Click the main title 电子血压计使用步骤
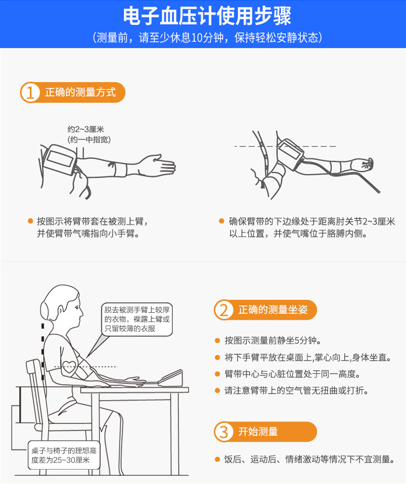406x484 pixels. coord(207,16)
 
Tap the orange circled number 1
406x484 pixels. coord(30,92)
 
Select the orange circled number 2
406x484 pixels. coord(224,310)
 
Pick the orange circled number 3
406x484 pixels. coord(224,432)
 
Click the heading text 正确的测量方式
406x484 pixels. coord(81,92)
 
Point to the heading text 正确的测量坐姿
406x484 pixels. coord(273,310)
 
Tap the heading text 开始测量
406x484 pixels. coord(258,432)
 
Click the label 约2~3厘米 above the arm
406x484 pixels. coord(86,129)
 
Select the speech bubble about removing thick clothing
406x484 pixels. coord(137,319)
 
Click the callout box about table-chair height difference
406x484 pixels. coord(64,455)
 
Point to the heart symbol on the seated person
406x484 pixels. coord(68,367)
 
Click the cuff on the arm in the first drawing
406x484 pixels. coord(60,159)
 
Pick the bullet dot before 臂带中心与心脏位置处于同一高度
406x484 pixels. coord(217,374)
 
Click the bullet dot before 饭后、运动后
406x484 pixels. coord(217,459)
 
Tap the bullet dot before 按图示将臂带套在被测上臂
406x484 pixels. coord(30,221)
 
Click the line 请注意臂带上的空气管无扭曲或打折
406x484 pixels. coord(297,390)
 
